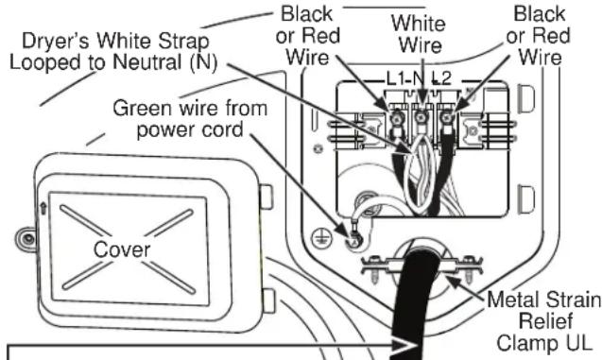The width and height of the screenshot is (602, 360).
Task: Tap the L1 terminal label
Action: [x=393, y=78]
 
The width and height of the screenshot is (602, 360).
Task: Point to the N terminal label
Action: [x=420, y=78]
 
